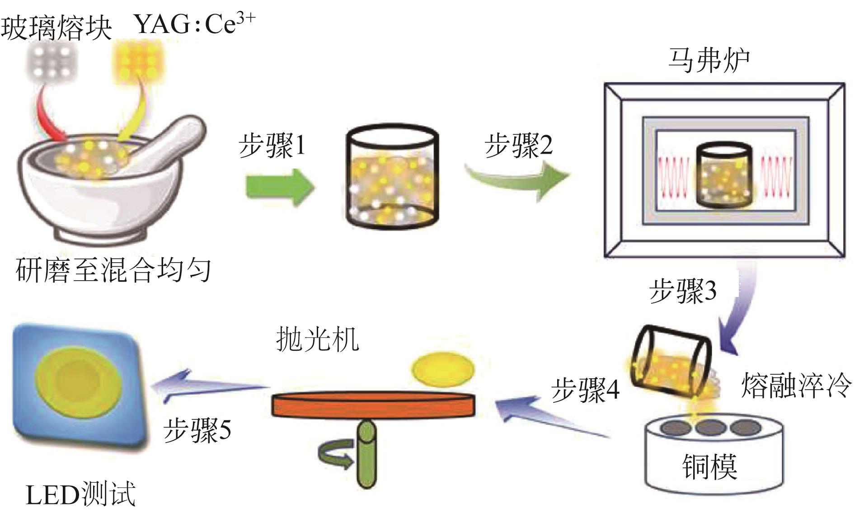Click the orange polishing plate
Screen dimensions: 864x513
point(373,404)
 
